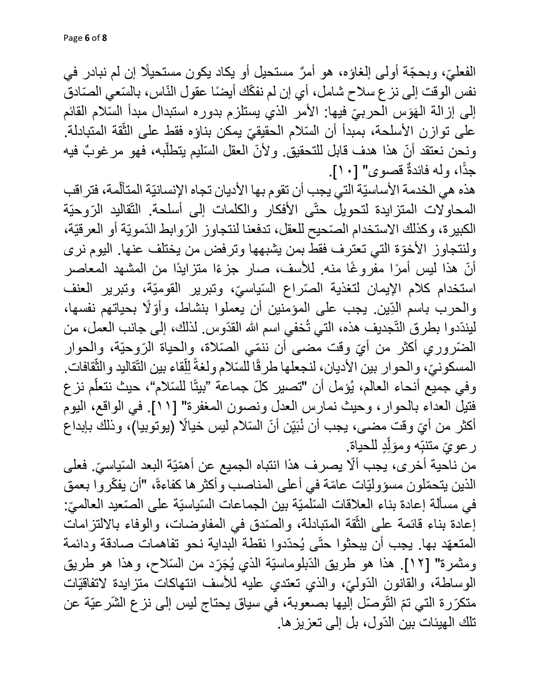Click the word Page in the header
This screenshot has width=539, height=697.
[73, 38]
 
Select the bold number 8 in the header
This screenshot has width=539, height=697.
[104, 38]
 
